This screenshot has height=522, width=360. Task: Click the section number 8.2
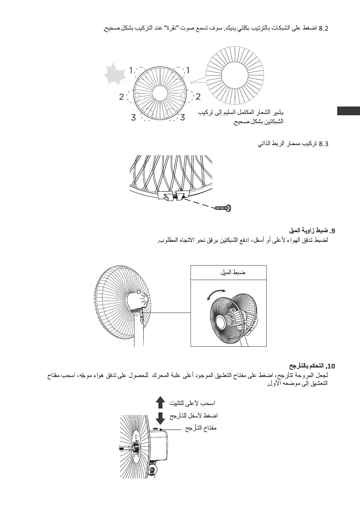(x=322, y=29)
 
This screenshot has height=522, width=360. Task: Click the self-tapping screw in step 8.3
(x=225, y=207)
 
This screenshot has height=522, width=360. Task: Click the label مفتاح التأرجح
(x=200, y=428)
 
